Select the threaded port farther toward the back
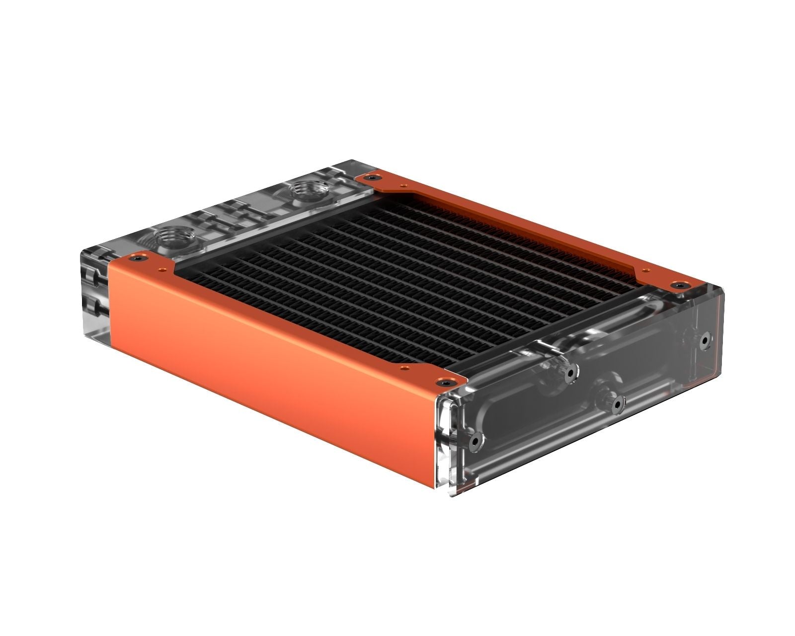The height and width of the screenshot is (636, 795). pyautogui.click(x=306, y=189)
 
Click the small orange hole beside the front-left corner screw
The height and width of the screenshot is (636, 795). pyautogui.click(x=160, y=270)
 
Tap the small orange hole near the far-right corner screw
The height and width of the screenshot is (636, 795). pyautogui.click(x=645, y=271)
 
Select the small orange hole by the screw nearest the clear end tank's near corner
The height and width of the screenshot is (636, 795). pyautogui.click(x=403, y=368)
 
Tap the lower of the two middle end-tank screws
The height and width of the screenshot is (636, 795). pyautogui.click(x=618, y=404)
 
